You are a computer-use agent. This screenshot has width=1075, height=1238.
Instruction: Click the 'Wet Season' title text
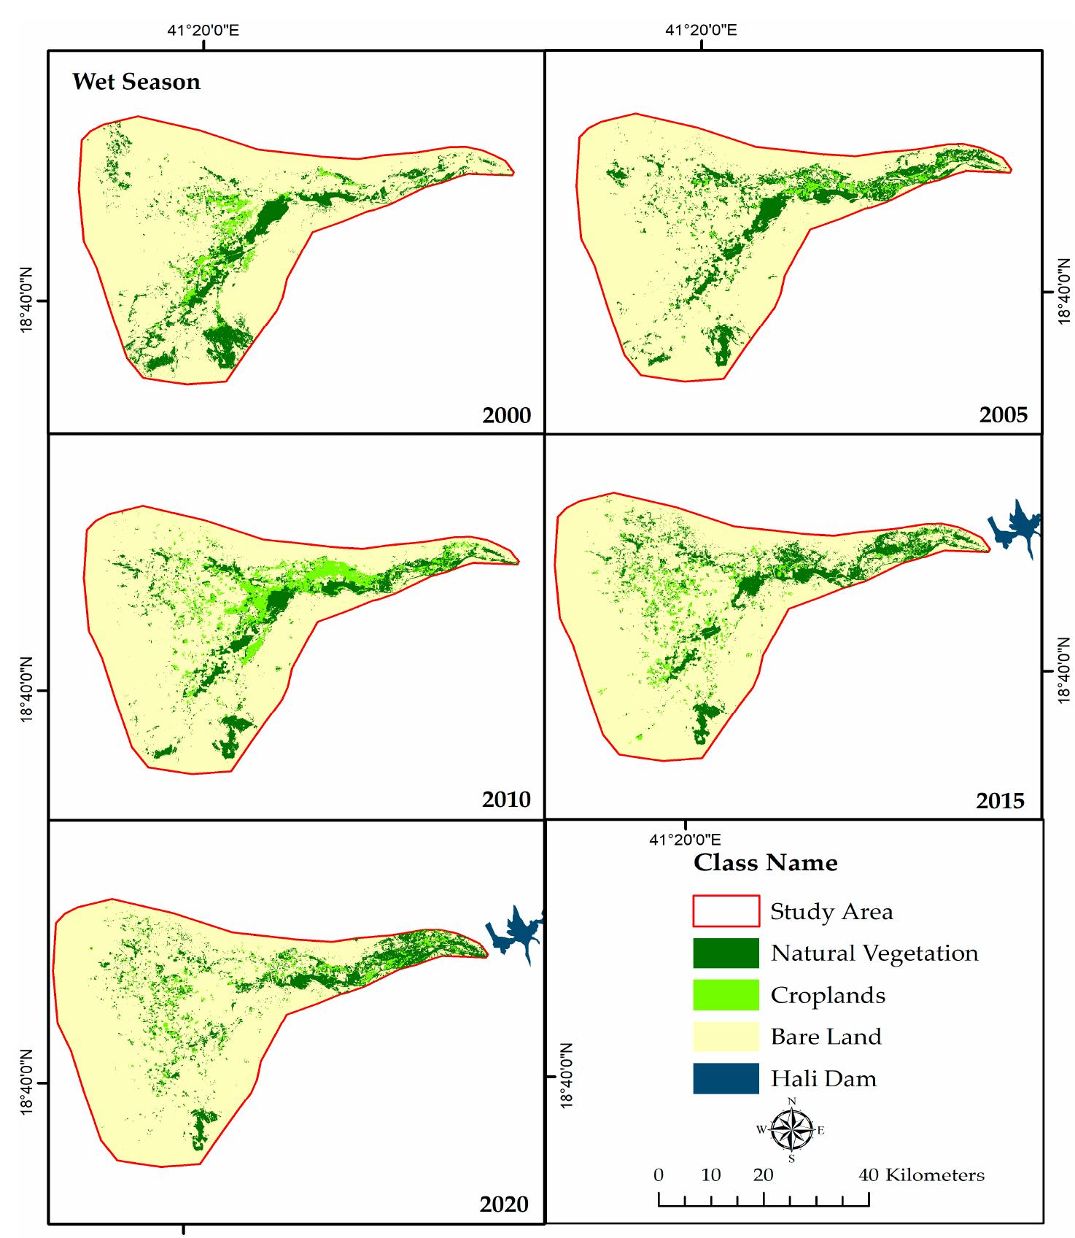tap(136, 82)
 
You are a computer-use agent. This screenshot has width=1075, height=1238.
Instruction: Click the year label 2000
tap(506, 416)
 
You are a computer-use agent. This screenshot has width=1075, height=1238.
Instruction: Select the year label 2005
tap(1003, 415)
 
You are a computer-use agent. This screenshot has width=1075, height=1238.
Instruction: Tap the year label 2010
tap(506, 800)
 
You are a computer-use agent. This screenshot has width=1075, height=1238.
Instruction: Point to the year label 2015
tap(1000, 801)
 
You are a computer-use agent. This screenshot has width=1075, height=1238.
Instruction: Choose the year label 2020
tap(503, 1204)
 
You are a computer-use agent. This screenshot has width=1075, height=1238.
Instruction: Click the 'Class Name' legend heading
tap(765, 863)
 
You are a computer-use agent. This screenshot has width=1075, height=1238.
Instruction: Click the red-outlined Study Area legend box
tap(726, 911)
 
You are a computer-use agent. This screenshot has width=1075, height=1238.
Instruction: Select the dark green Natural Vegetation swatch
tap(726, 953)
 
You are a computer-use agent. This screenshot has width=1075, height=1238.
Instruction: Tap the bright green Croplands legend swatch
tap(726, 995)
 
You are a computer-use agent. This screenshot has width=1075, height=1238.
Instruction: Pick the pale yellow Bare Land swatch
tap(726, 1037)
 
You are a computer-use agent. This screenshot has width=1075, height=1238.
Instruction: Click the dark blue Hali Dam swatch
tap(726, 1078)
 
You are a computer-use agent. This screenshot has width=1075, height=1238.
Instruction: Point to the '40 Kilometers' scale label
tap(921, 1175)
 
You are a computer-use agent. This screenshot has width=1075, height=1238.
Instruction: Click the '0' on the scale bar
tap(659, 1175)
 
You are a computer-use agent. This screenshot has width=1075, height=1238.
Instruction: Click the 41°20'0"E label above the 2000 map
tap(203, 31)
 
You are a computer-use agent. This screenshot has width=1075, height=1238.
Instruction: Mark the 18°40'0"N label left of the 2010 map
tap(27, 690)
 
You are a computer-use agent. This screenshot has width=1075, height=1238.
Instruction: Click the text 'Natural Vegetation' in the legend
tap(874, 953)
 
